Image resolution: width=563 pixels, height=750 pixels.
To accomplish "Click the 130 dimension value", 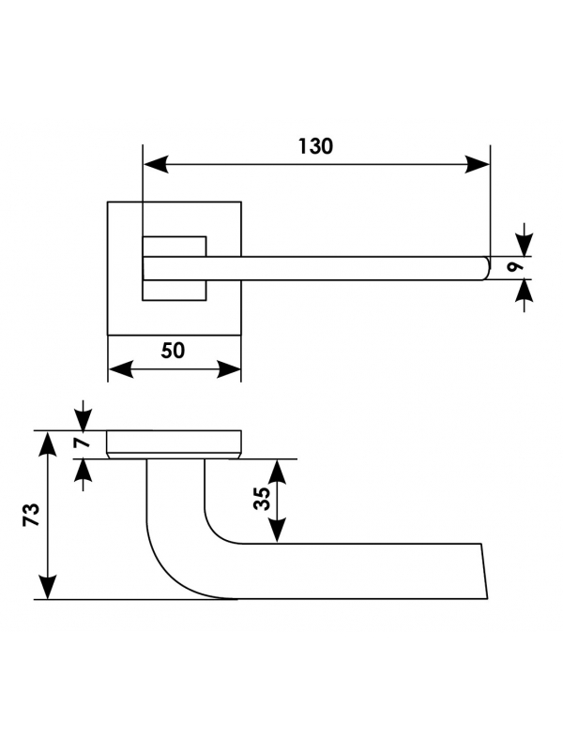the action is click(315, 146).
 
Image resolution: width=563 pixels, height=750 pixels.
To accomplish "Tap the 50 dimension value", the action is click(173, 351).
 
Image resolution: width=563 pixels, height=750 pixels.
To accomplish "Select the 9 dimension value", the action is click(514, 268).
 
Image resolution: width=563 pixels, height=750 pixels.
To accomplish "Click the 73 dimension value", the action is click(31, 514).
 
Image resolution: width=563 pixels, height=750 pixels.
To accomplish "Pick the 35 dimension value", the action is click(262, 499).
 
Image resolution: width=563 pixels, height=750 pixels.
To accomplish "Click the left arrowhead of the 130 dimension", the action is click(156, 164).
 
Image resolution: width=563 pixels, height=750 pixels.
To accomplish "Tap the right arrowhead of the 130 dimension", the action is click(478, 164).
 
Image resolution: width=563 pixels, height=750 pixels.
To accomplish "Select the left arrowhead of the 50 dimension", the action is click(121, 369).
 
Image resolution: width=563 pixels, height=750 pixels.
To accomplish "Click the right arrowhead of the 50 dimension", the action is click(229, 369).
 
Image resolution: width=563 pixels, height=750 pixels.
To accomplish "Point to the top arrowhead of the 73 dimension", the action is click(47, 443).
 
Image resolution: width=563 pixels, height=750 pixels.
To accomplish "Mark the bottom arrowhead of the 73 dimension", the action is click(47, 587).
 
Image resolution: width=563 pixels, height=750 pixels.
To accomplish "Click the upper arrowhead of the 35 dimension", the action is click(277, 472).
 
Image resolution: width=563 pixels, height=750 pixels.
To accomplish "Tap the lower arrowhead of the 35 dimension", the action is click(277, 531).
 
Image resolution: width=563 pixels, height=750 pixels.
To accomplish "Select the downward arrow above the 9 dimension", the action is click(525, 240).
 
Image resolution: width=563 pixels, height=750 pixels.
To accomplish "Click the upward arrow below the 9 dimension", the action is click(525, 295).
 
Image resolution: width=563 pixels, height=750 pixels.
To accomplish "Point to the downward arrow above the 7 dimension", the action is click(84, 415).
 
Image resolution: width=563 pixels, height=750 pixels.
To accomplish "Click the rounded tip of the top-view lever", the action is click(487, 268).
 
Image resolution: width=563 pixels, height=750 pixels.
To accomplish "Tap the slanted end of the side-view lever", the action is click(484, 571).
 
